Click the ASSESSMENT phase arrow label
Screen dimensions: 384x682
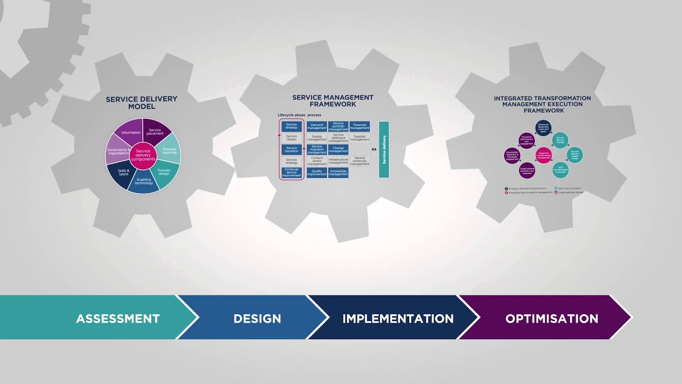coord(118,318)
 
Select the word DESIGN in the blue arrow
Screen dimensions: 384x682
coord(257,318)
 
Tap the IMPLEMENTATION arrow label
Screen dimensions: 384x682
coord(397,318)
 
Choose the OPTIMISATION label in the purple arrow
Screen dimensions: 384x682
coord(551,318)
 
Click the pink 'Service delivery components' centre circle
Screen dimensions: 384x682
coord(143,155)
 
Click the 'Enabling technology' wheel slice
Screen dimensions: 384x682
coord(144,182)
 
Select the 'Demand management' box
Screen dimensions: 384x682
coord(316,127)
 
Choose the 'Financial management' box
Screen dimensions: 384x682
coord(360,127)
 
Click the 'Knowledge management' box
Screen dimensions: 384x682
coord(338,173)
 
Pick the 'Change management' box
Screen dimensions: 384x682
coord(338,150)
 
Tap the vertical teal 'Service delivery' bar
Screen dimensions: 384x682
coord(384,149)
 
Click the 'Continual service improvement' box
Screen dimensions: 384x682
coord(291,173)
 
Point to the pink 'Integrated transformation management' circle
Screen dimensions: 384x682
coord(543,155)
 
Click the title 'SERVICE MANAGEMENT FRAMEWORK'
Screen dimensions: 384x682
coord(332,101)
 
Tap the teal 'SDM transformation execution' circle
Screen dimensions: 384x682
coord(561,170)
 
